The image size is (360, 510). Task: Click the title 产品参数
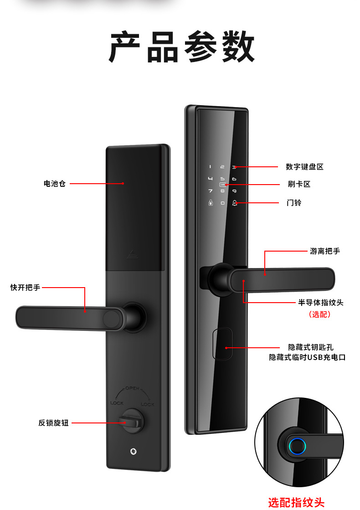click(181, 47)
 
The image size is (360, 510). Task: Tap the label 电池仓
click(54, 184)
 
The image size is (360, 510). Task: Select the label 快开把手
click(25, 288)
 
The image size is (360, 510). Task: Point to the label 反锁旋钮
click(53, 422)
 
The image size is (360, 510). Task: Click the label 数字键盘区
click(304, 167)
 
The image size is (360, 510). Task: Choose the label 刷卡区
click(299, 185)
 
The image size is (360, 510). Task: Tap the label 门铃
click(294, 202)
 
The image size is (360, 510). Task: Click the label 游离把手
click(325, 251)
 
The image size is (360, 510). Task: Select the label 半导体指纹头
click(321, 302)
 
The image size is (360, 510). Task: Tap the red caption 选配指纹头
click(296, 502)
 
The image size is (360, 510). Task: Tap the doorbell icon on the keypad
click(235, 203)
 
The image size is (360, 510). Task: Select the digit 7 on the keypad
click(211, 191)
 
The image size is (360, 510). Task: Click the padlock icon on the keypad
click(211, 203)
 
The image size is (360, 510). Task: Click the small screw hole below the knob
click(133, 452)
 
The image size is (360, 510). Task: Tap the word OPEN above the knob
click(132, 388)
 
